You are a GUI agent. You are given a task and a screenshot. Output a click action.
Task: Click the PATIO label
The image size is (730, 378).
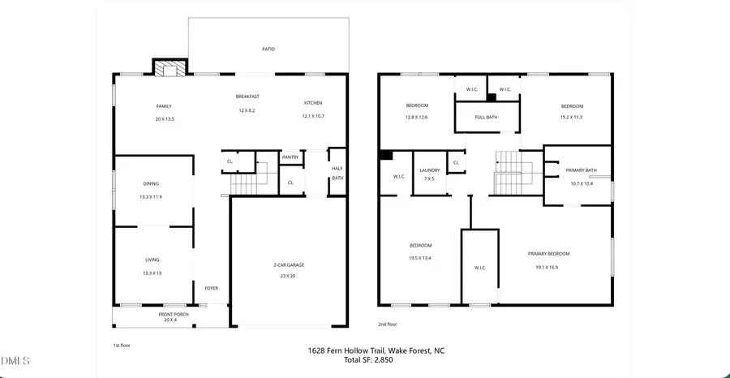tap(268, 49)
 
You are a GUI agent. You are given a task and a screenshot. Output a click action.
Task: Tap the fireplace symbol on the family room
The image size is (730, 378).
tap(170, 70)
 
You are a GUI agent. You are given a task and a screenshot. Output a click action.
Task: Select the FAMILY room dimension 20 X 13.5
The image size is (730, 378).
tap(165, 119)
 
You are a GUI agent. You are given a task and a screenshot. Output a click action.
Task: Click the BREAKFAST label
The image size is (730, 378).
tap(246, 97)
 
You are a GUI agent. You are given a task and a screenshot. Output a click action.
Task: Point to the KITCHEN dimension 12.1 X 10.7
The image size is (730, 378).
tap(313, 116)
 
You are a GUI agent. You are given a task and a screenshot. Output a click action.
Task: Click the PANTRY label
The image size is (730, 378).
tap(290, 157)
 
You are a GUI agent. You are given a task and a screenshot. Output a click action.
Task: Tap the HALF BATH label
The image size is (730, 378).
tap(337, 173)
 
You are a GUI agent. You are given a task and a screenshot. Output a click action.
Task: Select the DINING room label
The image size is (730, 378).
tap(152, 184)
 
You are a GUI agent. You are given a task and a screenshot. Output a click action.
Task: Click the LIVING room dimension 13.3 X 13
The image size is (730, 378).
tap(152, 273)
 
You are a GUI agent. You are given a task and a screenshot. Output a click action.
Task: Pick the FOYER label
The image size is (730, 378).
tap(211, 288)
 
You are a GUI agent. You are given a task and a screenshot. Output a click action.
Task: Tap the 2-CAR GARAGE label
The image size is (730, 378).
tap(289, 265)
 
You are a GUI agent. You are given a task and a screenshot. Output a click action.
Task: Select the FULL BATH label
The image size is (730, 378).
tap(486, 117)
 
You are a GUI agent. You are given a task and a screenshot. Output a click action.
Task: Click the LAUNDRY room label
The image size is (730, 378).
tap(429, 170)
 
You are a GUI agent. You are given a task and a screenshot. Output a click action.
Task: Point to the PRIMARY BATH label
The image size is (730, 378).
tap(581, 170)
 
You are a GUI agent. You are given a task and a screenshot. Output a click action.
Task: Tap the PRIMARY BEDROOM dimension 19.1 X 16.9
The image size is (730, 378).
tap(552, 267)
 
